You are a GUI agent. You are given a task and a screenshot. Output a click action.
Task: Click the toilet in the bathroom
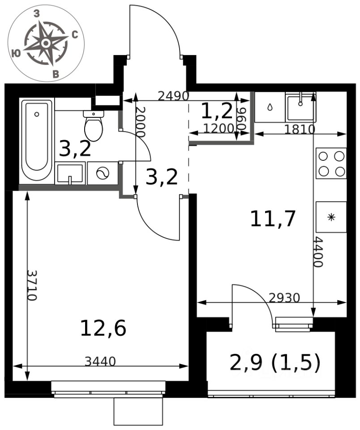pos(94,125)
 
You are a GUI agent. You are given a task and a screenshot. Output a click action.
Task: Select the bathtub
pos(37,140)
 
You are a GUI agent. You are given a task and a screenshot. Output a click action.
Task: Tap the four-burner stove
pos(331,163)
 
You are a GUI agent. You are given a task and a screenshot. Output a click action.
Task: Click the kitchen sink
pos(300,107)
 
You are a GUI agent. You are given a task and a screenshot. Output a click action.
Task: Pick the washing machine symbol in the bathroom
pos(103,173)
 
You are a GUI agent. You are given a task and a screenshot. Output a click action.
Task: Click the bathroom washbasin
pos(70,173)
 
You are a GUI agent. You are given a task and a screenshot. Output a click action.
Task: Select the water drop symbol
pos(270,107)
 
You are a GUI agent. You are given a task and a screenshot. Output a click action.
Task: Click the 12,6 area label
pos(103,328)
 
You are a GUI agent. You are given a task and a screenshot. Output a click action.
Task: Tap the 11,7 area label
pos(273,219)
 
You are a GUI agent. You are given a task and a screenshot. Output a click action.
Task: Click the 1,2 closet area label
pos(217,111)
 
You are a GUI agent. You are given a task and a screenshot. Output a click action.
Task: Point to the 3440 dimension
pos(100,361)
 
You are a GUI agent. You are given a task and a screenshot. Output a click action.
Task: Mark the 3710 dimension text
pos(32,285)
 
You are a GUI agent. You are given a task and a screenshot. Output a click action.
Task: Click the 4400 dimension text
pos(318,252)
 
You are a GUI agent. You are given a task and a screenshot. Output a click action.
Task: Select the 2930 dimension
pos(285,297)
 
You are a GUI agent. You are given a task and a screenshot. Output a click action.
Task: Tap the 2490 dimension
pos(174,96)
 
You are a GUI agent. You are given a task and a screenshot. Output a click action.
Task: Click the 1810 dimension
pos(300,129)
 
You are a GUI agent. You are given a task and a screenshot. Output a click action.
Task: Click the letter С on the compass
pos(75,35)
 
